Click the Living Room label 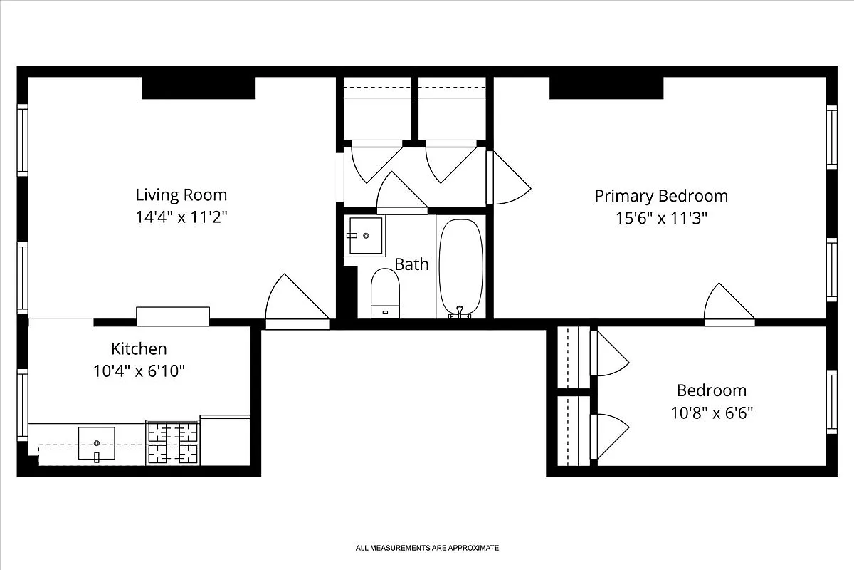pyautogui.click(x=181, y=195)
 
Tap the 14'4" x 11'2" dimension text pyautogui.click(x=181, y=217)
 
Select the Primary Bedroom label pyautogui.click(x=661, y=195)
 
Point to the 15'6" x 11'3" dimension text pyautogui.click(x=661, y=218)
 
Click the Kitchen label pyautogui.click(x=139, y=348)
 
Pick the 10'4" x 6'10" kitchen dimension pyautogui.click(x=139, y=371)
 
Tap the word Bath pyautogui.click(x=411, y=264)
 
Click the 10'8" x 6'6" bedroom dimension pyautogui.click(x=711, y=413)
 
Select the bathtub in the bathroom pyautogui.click(x=460, y=267)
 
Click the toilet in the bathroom pyautogui.click(x=385, y=292)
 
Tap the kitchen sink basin pyautogui.click(x=96, y=443)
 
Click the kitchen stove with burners pyautogui.click(x=172, y=442)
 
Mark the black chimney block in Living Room pyautogui.click(x=199, y=88)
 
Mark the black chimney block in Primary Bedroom pyautogui.click(x=606, y=88)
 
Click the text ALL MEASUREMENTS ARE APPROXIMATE pyautogui.click(x=427, y=548)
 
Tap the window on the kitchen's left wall pyautogui.click(x=23, y=404)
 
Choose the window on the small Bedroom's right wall pyautogui.click(x=831, y=401)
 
